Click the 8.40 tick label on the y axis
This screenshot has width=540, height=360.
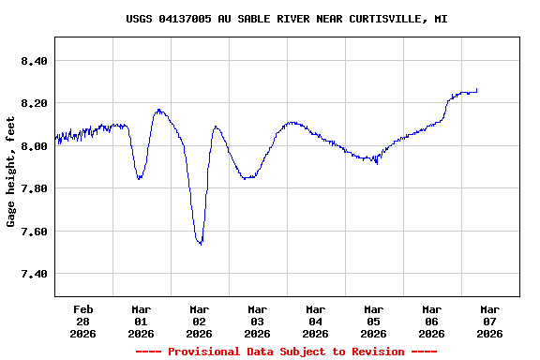tap(33, 61)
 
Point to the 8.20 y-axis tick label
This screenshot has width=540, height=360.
tap(33, 103)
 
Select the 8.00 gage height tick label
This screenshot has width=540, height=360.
tap(33, 146)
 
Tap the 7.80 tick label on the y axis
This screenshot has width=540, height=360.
tap(33, 188)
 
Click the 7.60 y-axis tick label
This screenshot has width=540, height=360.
tap(33, 232)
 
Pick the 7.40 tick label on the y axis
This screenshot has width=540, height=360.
tap(33, 274)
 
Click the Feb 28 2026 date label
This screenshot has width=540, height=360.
tap(83, 321)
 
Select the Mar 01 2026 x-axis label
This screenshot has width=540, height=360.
tap(141, 321)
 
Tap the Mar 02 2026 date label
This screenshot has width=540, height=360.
tap(199, 321)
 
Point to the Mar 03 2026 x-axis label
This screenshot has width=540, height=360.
tap(257, 321)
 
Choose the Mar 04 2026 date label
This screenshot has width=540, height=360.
tap(315, 321)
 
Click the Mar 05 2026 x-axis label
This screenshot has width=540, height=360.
tap(373, 321)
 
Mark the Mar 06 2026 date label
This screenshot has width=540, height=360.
tap(431, 321)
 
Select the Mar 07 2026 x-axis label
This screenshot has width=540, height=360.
tap(489, 321)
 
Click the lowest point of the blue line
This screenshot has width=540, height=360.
tap(200, 244)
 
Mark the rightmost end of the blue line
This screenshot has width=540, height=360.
tap(477, 89)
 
